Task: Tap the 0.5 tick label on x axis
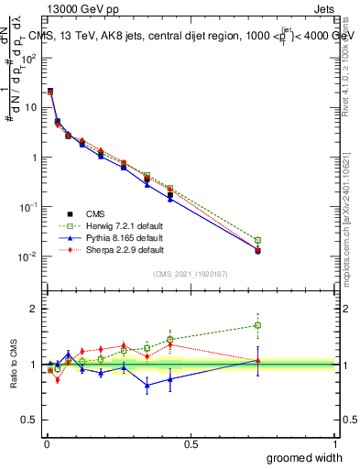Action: pos(191,442)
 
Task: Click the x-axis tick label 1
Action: pos(335,442)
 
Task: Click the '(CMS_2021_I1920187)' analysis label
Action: pos(190,274)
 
